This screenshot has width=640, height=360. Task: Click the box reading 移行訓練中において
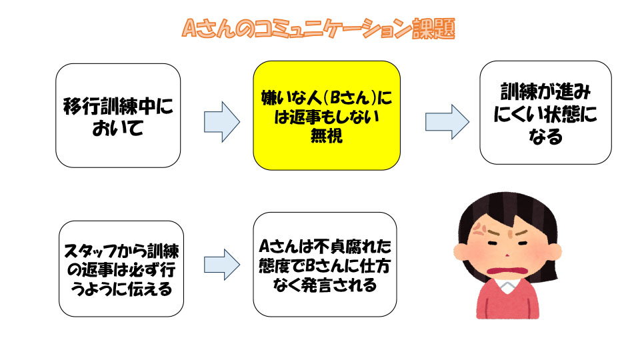pos(118,115)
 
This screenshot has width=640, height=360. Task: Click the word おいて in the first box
pos(118,127)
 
